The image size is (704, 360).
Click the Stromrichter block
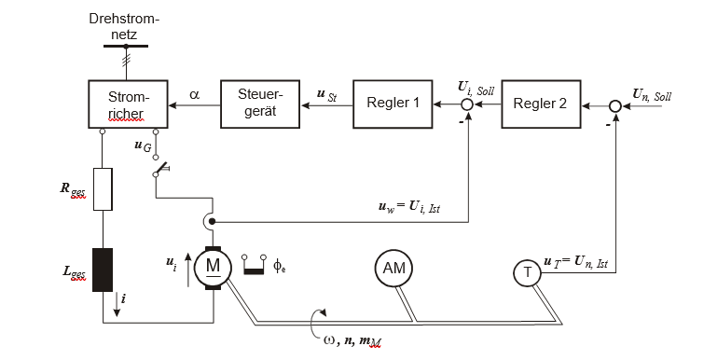(x=128, y=104)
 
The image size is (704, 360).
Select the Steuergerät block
(x=260, y=104)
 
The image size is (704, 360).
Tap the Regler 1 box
(x=393, y=104)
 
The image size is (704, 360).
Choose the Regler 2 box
(x=541, y=104)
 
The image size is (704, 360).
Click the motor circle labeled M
(x=213, y=268)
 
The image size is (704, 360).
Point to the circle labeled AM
(x=393, y=268)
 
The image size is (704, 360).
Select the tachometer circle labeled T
(x=528, y=272)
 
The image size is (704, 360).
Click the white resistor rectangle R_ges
(x=103, y=189)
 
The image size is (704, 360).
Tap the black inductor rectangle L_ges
(x=103, y=270)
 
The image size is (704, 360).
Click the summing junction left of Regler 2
(x=467, y=105)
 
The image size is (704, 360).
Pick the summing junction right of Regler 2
(x=615, y=106)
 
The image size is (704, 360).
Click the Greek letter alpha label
(x=194, y=95)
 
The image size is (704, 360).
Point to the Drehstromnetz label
(x=124, y=26)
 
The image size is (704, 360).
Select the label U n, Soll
(x=652, y=95)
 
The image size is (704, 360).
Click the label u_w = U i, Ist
(x=409, y=208)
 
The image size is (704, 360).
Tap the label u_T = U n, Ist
(x=575, y=262)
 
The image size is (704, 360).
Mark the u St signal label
(x=327, y=96)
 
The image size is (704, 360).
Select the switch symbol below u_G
(x=160, y=169)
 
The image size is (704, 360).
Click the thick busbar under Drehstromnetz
(x=126, y=47)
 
